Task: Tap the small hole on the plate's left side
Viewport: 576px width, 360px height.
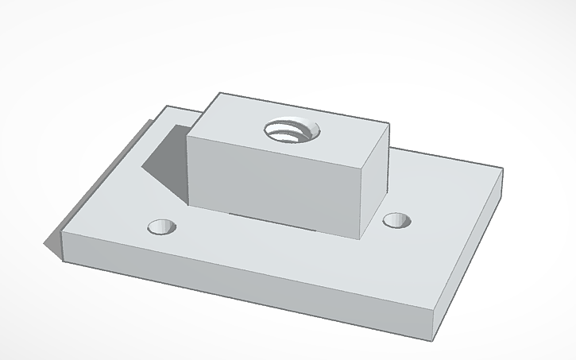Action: click(163, 227)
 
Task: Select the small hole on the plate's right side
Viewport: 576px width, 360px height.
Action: click(396, 220)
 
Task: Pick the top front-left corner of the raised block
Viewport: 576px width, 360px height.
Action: click(187, 133)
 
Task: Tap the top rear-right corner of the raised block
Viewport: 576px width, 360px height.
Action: click(389, 124)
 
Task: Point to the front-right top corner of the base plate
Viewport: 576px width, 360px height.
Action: click(442, 309)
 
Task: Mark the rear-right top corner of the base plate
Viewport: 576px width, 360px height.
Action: click(502, 168)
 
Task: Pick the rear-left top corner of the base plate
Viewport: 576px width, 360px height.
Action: click(166, 106)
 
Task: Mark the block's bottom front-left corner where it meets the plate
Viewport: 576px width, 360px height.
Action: click(188, 205)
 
